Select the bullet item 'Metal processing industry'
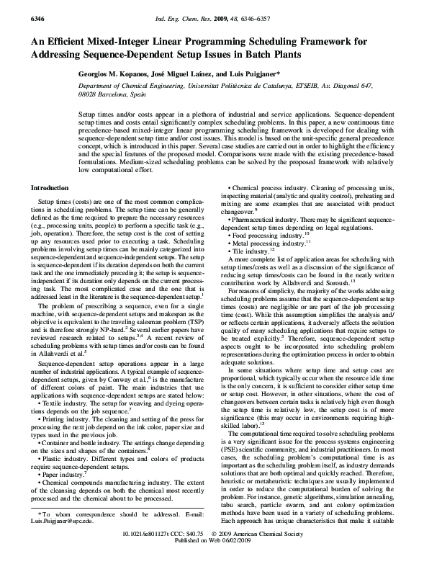[267, 264]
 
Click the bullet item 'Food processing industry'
[266, 255]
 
